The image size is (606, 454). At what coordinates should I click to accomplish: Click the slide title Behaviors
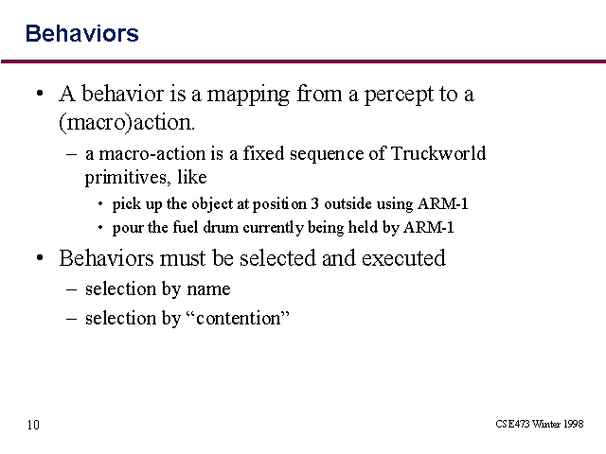pos(82,33)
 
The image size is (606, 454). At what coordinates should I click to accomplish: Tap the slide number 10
pos(33,425)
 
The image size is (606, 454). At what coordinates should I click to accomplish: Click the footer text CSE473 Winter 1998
pos(539,424)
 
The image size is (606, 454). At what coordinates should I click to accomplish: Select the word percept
pos(399,95)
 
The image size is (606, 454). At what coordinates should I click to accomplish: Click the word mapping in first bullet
pos(248,95)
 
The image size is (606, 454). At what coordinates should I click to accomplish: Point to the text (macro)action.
pos(127,123)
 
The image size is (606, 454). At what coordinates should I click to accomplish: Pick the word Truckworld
pos(438,153)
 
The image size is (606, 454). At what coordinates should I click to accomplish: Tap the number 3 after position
pos(315,203)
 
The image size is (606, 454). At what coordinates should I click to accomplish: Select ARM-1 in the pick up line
pos(443,203)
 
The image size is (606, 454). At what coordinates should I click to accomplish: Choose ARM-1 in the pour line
pos(429,227)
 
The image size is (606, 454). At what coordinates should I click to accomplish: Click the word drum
pos(221,227)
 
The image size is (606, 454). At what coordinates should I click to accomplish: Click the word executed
pos(403,258)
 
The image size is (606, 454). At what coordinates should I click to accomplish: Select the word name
pos(208,289)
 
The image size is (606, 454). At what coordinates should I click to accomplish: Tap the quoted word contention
pos(239,318)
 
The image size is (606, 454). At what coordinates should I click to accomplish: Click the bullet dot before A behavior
pos(40,94)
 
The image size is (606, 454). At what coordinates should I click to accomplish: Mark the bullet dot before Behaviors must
pos(40,258)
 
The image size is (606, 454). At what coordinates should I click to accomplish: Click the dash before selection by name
pos(71,289)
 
